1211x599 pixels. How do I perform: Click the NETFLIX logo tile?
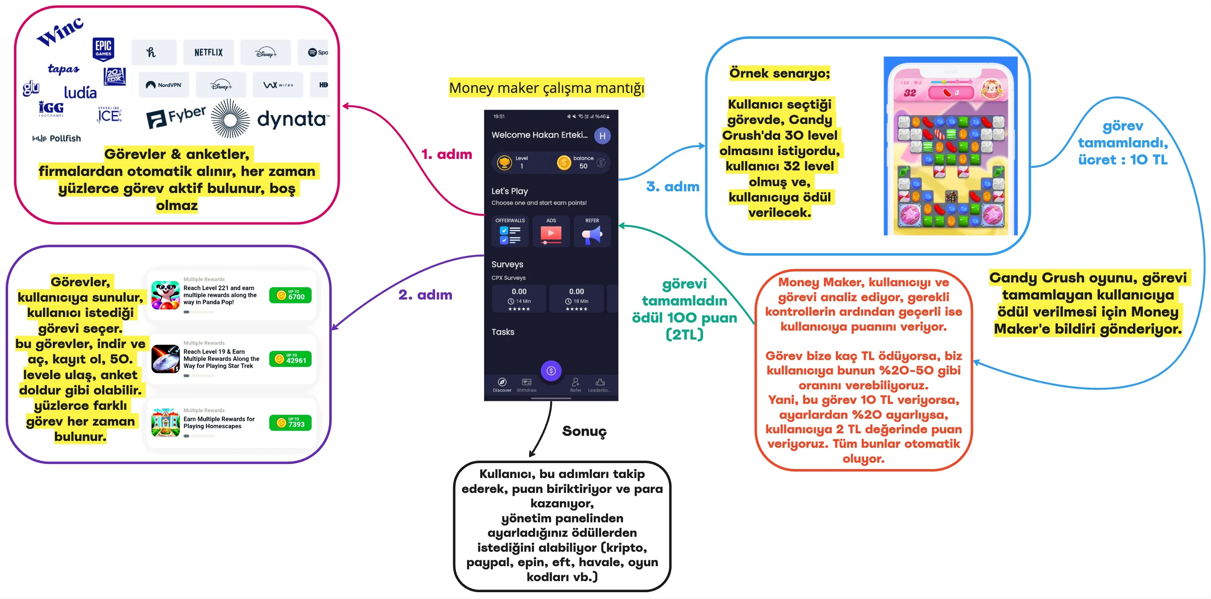208,52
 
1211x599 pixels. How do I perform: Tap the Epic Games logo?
103,49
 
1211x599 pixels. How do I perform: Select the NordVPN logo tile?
164,85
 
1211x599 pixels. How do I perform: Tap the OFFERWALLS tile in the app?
510,231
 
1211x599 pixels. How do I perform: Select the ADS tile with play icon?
551,231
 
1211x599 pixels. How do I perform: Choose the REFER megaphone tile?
592,231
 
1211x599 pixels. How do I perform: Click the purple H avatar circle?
602,136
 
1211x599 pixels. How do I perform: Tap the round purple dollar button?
551,371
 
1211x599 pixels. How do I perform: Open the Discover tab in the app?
502,385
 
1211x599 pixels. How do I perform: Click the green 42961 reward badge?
290,359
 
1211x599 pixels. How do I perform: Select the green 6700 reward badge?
290,295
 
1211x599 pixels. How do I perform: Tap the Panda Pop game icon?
166,295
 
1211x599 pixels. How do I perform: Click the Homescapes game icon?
166,423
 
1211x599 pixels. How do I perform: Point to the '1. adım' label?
446,154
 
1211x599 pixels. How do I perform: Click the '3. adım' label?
673,187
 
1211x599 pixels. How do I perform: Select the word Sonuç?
584,431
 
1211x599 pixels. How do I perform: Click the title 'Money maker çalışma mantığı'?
546,88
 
